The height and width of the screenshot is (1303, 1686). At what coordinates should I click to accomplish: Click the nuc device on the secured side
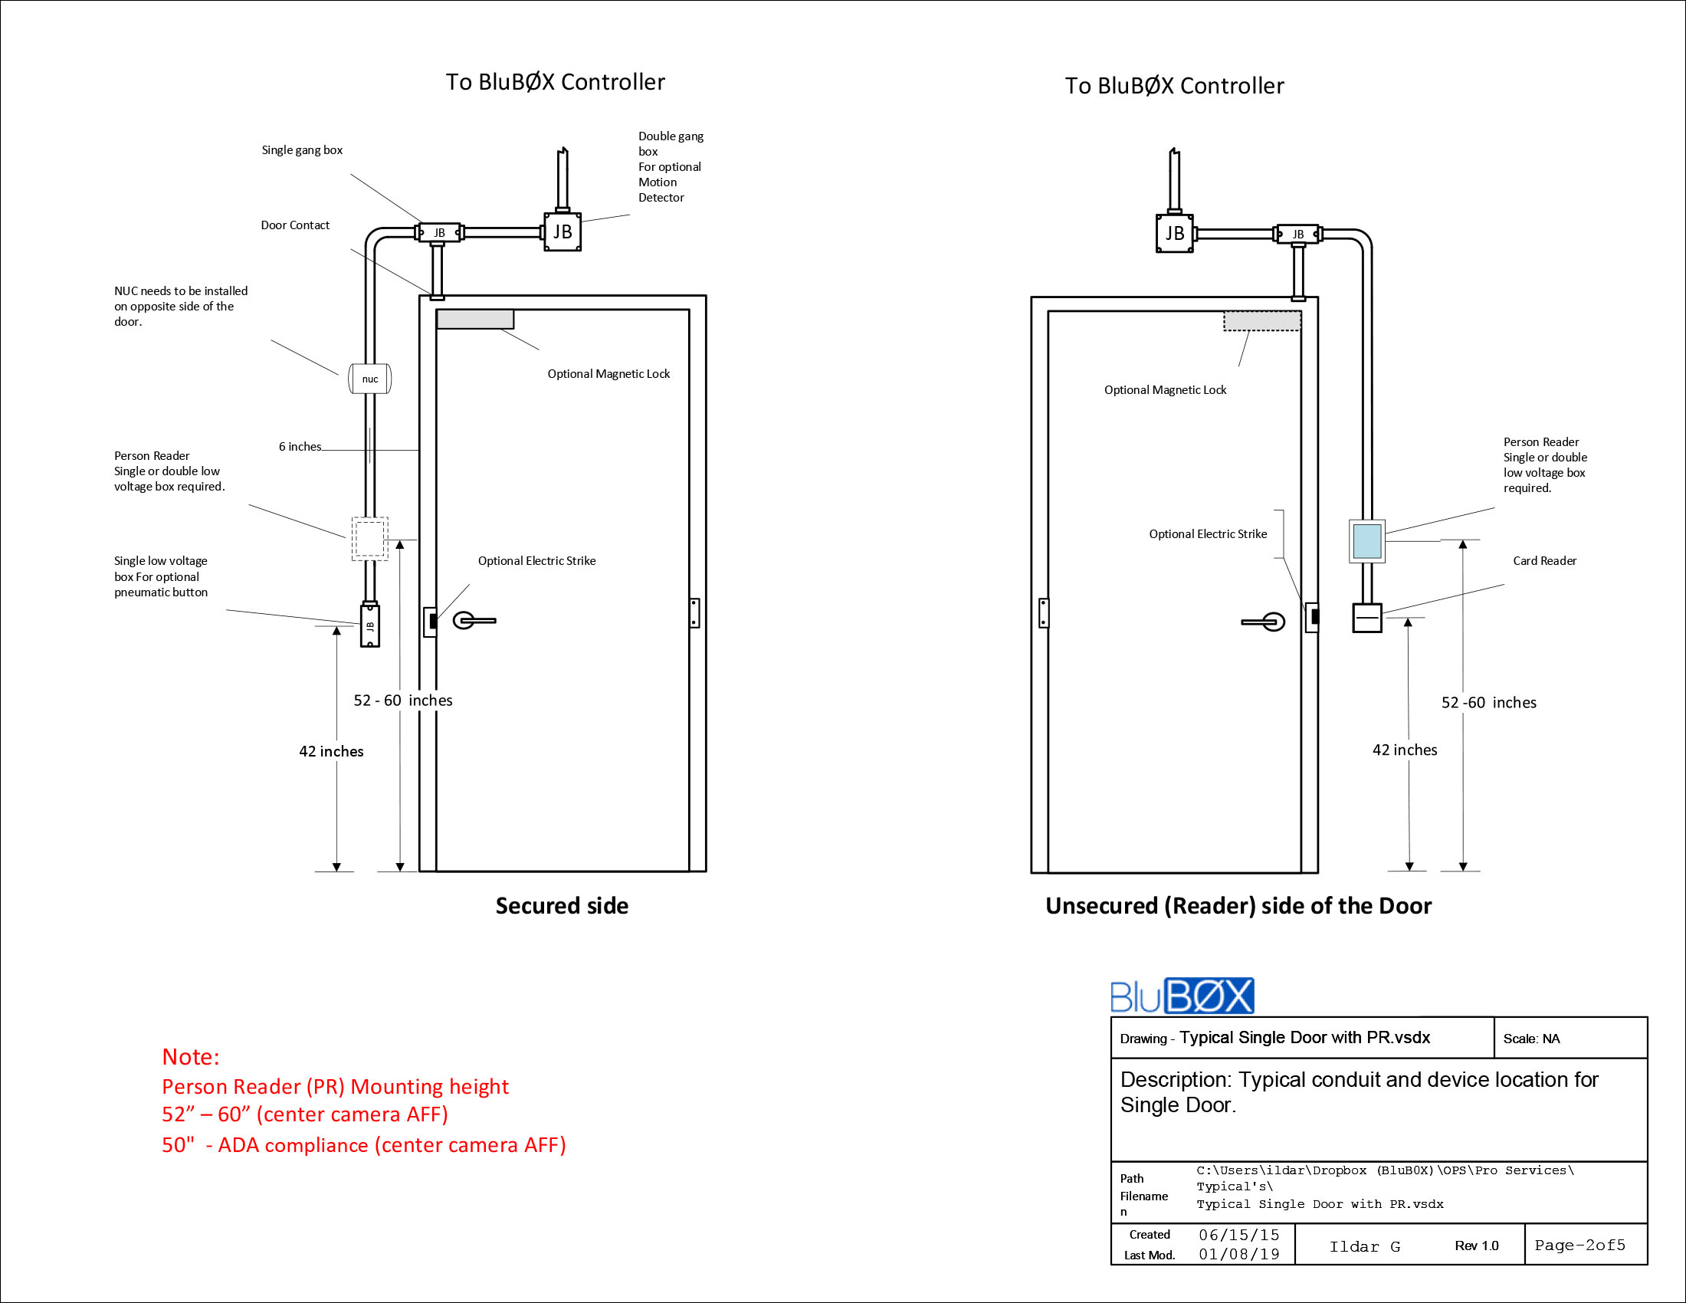point(370,378)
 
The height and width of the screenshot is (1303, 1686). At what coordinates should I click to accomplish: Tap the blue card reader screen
point(1367,541)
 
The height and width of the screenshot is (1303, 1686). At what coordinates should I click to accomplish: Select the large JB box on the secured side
point(563,231)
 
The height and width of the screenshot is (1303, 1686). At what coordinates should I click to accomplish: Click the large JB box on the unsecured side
point(1175,233)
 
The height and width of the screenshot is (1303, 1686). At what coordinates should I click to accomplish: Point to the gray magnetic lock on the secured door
point(475,319)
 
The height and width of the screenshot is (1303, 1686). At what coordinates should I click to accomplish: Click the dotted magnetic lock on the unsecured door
point(1262,320)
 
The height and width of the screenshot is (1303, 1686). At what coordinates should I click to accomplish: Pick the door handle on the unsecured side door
point(1264,622)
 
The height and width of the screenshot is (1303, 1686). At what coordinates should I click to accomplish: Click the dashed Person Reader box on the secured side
point(370,538)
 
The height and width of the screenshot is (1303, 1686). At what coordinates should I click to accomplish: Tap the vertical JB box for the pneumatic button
point(370,625)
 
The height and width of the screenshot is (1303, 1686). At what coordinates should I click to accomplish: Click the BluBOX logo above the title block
point(1182,996)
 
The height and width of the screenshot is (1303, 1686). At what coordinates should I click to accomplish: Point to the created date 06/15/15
point(1239,1235)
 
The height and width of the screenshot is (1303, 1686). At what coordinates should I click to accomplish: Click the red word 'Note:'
point(191,1057)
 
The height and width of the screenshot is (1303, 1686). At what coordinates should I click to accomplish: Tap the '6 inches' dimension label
point(300,446)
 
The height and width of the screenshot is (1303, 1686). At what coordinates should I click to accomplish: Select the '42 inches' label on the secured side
point(331,751)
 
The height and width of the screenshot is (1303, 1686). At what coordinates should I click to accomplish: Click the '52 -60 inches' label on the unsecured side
point(1489,702)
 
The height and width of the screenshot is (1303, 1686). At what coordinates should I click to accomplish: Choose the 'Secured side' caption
point(562,905)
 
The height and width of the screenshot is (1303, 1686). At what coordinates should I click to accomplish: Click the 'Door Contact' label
point(295,225)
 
